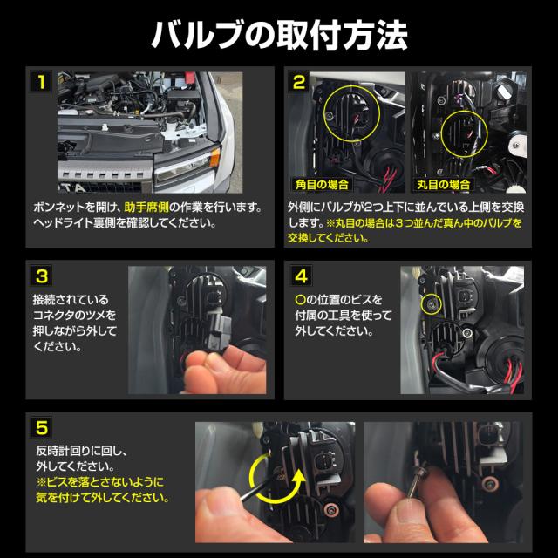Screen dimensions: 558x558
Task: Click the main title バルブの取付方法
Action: pos(279,35)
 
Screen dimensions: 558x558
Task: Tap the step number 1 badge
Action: pos(41,82)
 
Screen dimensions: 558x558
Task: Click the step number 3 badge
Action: pos(42,276)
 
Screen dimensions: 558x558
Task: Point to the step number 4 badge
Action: pos(301,276)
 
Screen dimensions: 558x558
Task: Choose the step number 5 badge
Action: pos(42,427)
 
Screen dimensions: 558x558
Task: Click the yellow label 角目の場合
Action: pos(322,184)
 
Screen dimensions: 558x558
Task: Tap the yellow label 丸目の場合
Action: pos(444,184)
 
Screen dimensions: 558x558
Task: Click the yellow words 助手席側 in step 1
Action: pos(146,208)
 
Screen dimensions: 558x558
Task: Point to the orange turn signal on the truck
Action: pos(214,157)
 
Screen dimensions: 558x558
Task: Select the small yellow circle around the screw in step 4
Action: pos(432,304)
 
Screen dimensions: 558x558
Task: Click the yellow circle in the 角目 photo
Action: pos(351,113)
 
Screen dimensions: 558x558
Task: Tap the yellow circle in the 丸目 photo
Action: pos(464,133)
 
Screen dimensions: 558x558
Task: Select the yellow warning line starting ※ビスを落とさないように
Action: pos(100,482)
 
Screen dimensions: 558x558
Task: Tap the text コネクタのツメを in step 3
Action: pos(74,316)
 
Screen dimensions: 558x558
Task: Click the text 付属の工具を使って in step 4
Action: pos(344,316)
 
